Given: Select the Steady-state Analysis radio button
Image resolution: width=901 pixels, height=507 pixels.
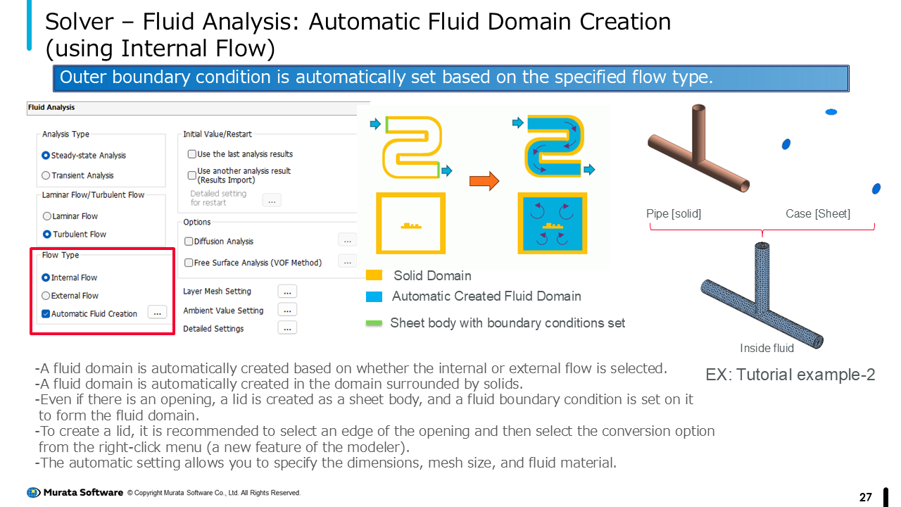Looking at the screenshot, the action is [x=46, y=156].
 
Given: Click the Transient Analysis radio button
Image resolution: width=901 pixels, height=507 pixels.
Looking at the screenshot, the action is [x=46, y=175].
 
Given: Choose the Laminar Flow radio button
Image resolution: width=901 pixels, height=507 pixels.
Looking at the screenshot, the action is [x=47, y=216].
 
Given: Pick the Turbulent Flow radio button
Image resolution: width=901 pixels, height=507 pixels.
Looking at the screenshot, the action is [x=47, y=234].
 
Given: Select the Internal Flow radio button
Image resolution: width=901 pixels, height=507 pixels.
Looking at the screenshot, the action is [x=46, y=277].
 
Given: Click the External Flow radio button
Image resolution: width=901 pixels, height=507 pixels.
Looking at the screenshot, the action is [x=46, y=296].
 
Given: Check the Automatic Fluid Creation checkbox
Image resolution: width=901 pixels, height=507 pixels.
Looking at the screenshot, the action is [x=46, y=314].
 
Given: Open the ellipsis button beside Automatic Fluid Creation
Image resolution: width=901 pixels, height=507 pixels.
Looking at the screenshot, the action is [x=157, y=313].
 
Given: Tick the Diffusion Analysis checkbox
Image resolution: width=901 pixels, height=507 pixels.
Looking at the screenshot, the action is [x=189, y=242].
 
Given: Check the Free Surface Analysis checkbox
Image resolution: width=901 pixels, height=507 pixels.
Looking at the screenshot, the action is [x=189, y=263].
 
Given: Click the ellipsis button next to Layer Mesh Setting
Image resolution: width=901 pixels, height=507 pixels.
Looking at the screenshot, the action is [x=287, y=292].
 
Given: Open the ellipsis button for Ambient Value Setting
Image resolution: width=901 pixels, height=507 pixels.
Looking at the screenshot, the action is [x=287, y=310].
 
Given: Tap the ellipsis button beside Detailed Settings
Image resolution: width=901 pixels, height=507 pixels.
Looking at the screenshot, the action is [x=287, y=328].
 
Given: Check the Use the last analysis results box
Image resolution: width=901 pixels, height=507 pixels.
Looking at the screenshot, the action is [x=192, y=154].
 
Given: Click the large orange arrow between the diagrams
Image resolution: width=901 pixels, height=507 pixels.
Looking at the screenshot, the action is [x=484, y=181].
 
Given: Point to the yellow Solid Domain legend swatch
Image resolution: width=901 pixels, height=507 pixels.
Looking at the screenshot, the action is [x=374, y=275].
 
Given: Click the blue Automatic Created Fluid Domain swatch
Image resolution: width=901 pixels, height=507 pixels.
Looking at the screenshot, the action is [x=374, y=296].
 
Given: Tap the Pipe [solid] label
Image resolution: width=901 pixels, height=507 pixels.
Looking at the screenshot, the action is [x=674, y=213].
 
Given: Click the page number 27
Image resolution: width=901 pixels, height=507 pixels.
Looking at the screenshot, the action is [x=866, y=497].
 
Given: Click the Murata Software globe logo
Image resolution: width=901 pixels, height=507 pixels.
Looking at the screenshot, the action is [x=33, y=492].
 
